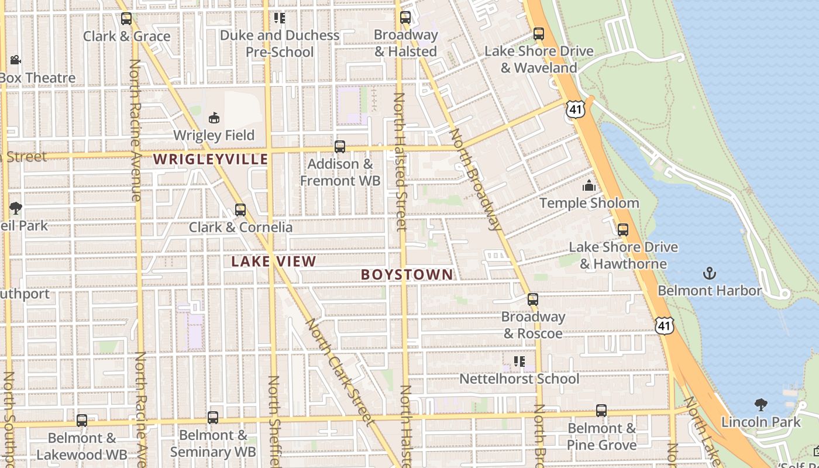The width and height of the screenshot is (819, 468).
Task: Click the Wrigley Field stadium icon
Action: (x=214, y=118)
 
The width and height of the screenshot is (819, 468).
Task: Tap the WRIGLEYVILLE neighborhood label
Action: (x=211, y=159)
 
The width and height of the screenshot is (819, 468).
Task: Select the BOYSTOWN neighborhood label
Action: (x=407, y=274)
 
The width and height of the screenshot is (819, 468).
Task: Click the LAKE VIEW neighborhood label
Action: (x=273, y=261)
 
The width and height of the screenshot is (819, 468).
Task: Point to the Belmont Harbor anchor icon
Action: (x=709, y=273)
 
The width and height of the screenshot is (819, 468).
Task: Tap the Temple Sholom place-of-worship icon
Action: (x=589, y=186)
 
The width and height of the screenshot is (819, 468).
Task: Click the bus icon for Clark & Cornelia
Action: (x=240, y=210)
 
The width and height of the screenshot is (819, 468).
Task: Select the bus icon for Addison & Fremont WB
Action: (x=339, y=147)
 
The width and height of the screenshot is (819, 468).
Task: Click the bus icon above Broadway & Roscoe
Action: (x=532, y=300)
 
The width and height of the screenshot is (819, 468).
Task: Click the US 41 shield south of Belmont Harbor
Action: (x=663, y=325)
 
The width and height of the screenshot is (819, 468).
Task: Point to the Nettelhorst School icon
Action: (x=519, y=362)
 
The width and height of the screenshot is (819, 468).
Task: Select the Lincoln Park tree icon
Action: (x=760, y=404)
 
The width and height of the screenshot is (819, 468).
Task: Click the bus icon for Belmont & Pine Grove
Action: (x=601, y=411)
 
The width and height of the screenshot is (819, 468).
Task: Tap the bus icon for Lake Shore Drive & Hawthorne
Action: (x=623, y=230)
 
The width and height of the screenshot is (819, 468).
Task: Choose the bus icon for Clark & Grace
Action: (x=126, y=19)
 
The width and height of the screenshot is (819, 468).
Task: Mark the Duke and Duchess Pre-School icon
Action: (x=280, y=18)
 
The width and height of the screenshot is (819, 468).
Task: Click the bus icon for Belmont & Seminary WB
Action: (x=213, y=418)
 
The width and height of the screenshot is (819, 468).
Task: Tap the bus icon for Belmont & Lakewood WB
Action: (x=82, y=421)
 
